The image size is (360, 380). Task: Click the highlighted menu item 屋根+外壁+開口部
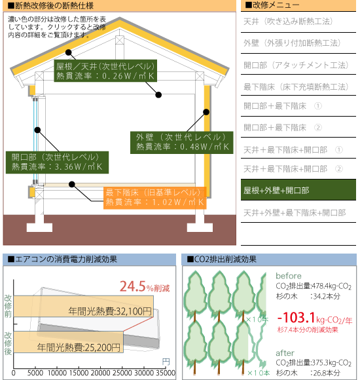pyautogui.click(x=298, y=190)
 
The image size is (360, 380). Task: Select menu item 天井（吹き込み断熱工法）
pyautogui.click(x=288, y=22)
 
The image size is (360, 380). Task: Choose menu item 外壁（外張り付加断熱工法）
pyautogui.click(x=292, y=43)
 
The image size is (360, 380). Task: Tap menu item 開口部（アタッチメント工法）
pyautogui.click(x=296, y=65)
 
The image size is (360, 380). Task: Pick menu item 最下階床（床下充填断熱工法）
pyautogui.click(x=296, y=86)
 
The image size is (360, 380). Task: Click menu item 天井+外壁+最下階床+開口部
pyautogui.click(x=295, y=212)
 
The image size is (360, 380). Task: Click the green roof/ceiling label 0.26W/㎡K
pyautogui.click(x=105, y=71)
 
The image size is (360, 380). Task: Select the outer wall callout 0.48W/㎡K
pyautogui.click(x=182, y=143)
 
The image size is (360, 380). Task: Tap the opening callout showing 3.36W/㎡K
pyautogui.click(x=57, y=162)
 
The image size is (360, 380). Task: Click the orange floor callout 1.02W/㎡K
pyautogui.click(x=155, y=198)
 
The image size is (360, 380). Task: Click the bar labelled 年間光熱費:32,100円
pyautogui.click(x=84, y=306)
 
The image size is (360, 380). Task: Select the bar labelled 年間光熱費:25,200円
pyautogui.click(x=68, y=342)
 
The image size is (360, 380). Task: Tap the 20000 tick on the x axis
pyautogui.click(x=100, y=373)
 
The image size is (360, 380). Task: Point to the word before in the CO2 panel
pyautogui.click(x=289, y=276)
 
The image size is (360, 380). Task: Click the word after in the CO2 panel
pyautogui.click(x=285, y=353)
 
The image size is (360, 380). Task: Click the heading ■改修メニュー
pyautogui.click(x=272, y=5)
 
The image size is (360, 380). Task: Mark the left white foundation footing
pyautogui.click(x=39, y=227)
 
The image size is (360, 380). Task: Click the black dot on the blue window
pyautogui.click(x=37, y=130)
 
